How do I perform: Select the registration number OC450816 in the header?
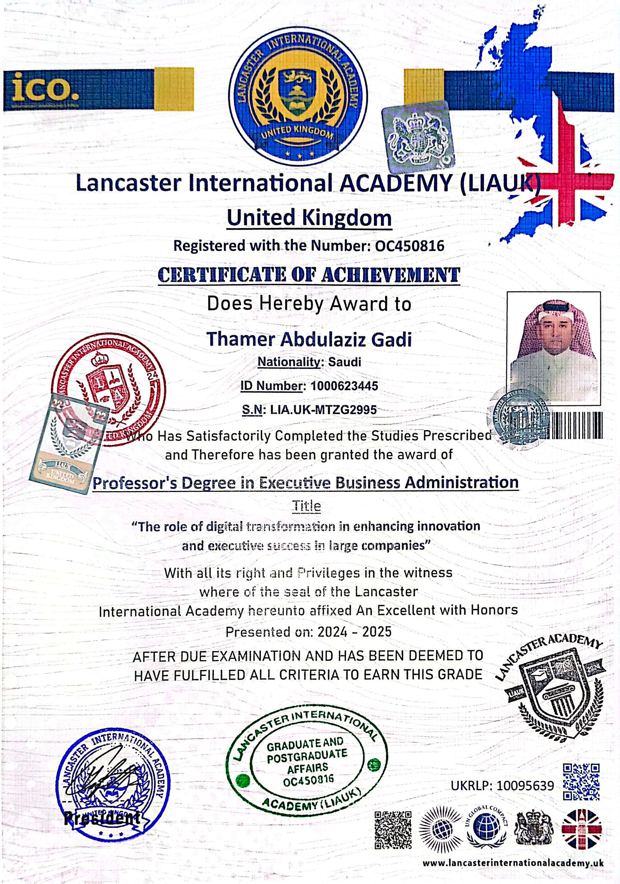[x=410, y=246]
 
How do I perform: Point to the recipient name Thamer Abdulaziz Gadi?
[x=309, y=339]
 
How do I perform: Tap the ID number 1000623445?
[x=344, y=386]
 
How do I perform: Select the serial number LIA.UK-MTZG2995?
[x=323, y=410]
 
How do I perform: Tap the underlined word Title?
[x=307, y=506]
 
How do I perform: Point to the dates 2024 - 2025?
[x=355, y=632]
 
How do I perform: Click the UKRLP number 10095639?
[x=525, y=786]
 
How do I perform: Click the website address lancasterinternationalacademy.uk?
[x=513, y=863]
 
